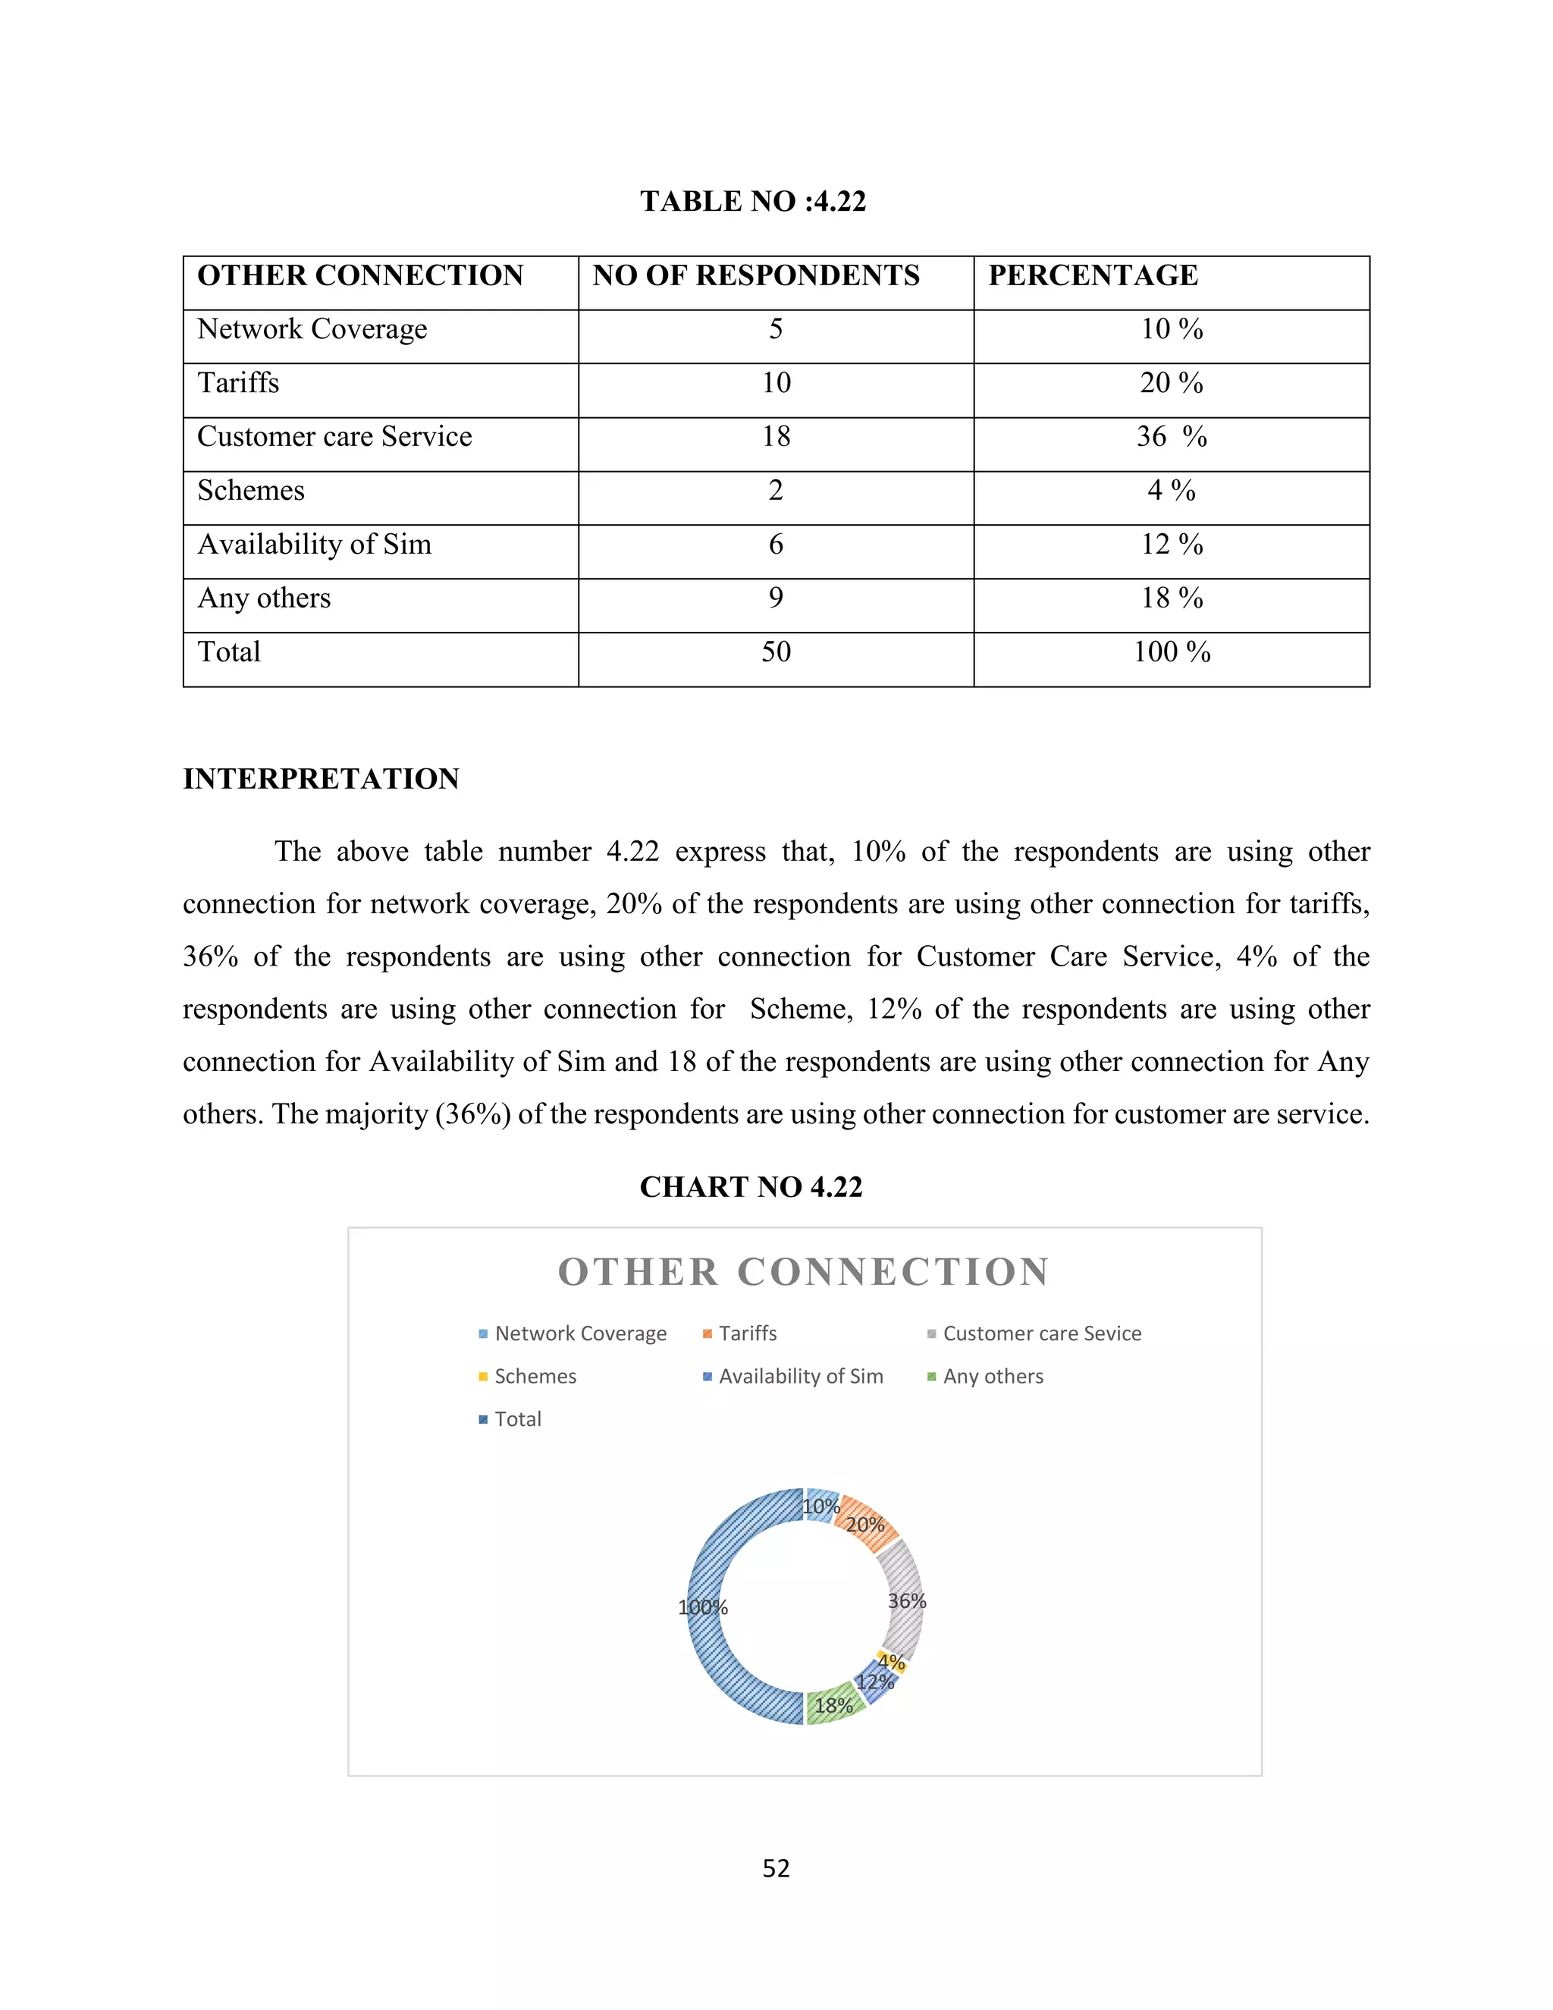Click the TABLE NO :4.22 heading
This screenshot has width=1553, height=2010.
point(752,202)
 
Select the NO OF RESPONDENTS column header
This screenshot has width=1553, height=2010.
point(755,275)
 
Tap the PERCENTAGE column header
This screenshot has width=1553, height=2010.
point(1092,275)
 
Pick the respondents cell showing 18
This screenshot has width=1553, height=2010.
point(776,436)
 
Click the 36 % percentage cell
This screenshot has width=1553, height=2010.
point(1170,436)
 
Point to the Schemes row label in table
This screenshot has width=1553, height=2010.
point(250,491)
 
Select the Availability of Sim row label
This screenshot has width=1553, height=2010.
point(314,544)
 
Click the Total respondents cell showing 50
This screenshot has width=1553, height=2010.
point(776,652)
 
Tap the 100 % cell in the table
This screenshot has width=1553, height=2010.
point(1170,652)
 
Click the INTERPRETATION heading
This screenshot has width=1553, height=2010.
point(320,779)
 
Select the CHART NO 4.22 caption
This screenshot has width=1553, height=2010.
point(751,1187)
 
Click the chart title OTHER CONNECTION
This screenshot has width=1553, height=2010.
point(803,1272)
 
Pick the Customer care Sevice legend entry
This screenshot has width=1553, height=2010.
point(1040,1333)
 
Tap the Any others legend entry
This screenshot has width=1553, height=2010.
point(992,1376)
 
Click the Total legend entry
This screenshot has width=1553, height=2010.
point(517,1419)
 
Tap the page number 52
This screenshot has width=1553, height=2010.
point(776,1867)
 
